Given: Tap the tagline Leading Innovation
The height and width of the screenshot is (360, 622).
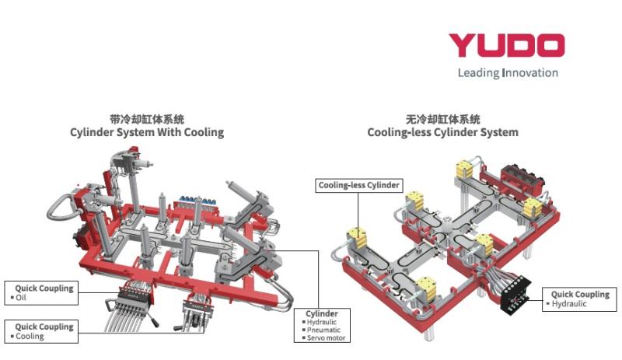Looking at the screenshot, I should (508, 73).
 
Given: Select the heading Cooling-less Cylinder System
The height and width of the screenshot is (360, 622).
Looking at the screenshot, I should (442, 132).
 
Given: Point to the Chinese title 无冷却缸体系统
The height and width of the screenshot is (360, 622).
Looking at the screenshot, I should (443, 119).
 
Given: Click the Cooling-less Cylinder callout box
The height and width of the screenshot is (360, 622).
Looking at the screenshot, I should (358, 185).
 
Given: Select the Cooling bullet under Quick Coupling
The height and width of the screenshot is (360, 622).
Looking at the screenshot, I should (30, 337).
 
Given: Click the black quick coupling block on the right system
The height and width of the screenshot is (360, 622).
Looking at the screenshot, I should (514, 295).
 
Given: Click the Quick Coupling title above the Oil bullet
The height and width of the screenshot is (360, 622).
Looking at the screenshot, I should (44, 288).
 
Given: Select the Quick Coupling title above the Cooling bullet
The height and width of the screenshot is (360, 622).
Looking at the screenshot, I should (44, 327).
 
